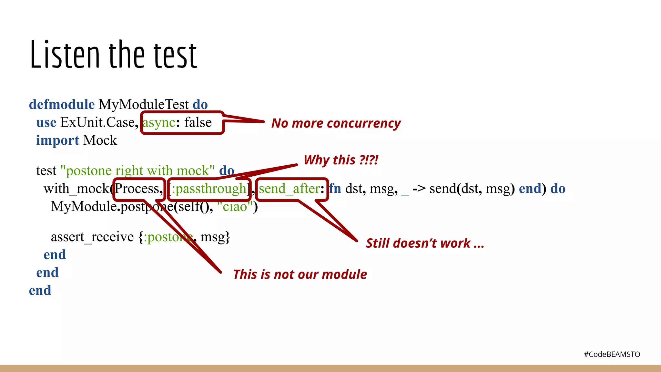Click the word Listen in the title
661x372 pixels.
point(65,55)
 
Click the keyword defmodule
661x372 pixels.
point(62,105)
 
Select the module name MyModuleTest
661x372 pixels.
point(144,105)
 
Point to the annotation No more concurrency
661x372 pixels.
point(336,123)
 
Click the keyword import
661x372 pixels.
point(57,140)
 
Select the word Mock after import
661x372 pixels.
point(100,140)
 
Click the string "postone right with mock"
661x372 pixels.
point(137,170)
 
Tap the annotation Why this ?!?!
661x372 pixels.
point(341,160)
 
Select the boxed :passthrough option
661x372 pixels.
point(209,189)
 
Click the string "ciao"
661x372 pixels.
point(235,207)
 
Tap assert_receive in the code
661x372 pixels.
point(92,237)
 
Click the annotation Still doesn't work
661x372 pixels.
point(425,243)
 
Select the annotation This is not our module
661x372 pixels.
point(300,274)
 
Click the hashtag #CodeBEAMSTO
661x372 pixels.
point(612,354)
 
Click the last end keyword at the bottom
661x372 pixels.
point(40,291)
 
